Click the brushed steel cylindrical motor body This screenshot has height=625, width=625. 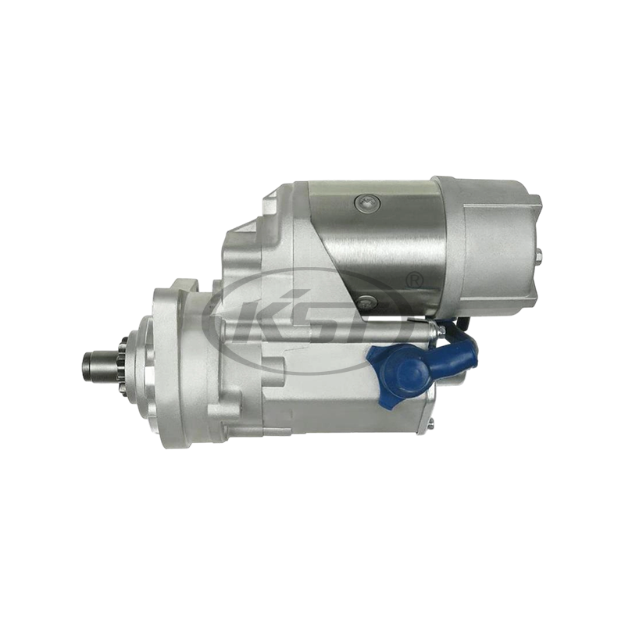point(383,242)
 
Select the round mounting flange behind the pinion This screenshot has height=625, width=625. point(164,363)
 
